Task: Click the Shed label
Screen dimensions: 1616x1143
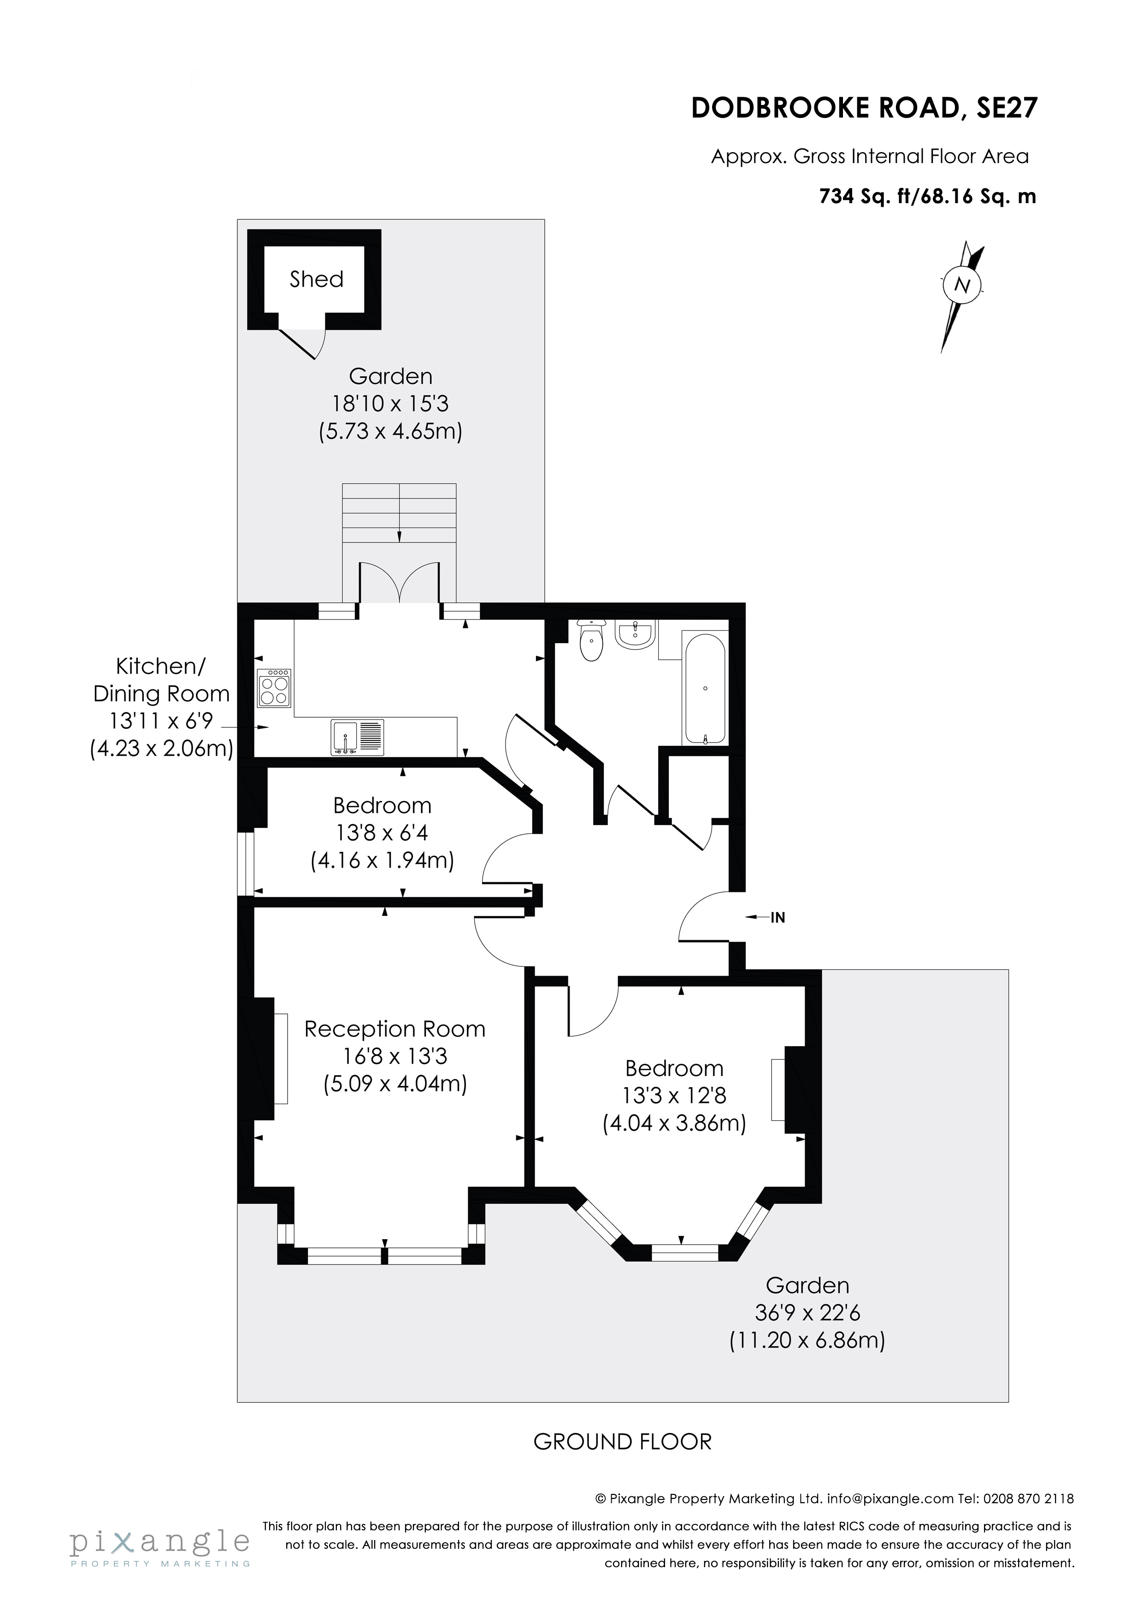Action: pyautogui.click(x=316, y=280)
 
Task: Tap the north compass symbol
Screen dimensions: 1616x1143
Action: pyautogui.click(x=962, y=286)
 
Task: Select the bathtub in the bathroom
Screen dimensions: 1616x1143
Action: pyautogui.click(x=704, y=688)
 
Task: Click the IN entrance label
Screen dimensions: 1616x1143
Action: pyautogui.click(x=778, y=918)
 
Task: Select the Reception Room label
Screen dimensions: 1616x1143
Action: pyautogui.click(x=395, y=1029)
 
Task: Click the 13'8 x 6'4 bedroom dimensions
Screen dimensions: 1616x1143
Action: pyautogui.click(x=382, y=832)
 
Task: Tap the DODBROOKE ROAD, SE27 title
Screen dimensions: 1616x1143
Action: pyautogui.click(x=864, y=108)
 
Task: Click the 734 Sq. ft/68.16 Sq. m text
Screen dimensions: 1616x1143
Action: pyautogui.click(x=927, y=196)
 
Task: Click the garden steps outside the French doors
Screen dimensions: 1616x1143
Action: pyautogui.click(x=399, y=513)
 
